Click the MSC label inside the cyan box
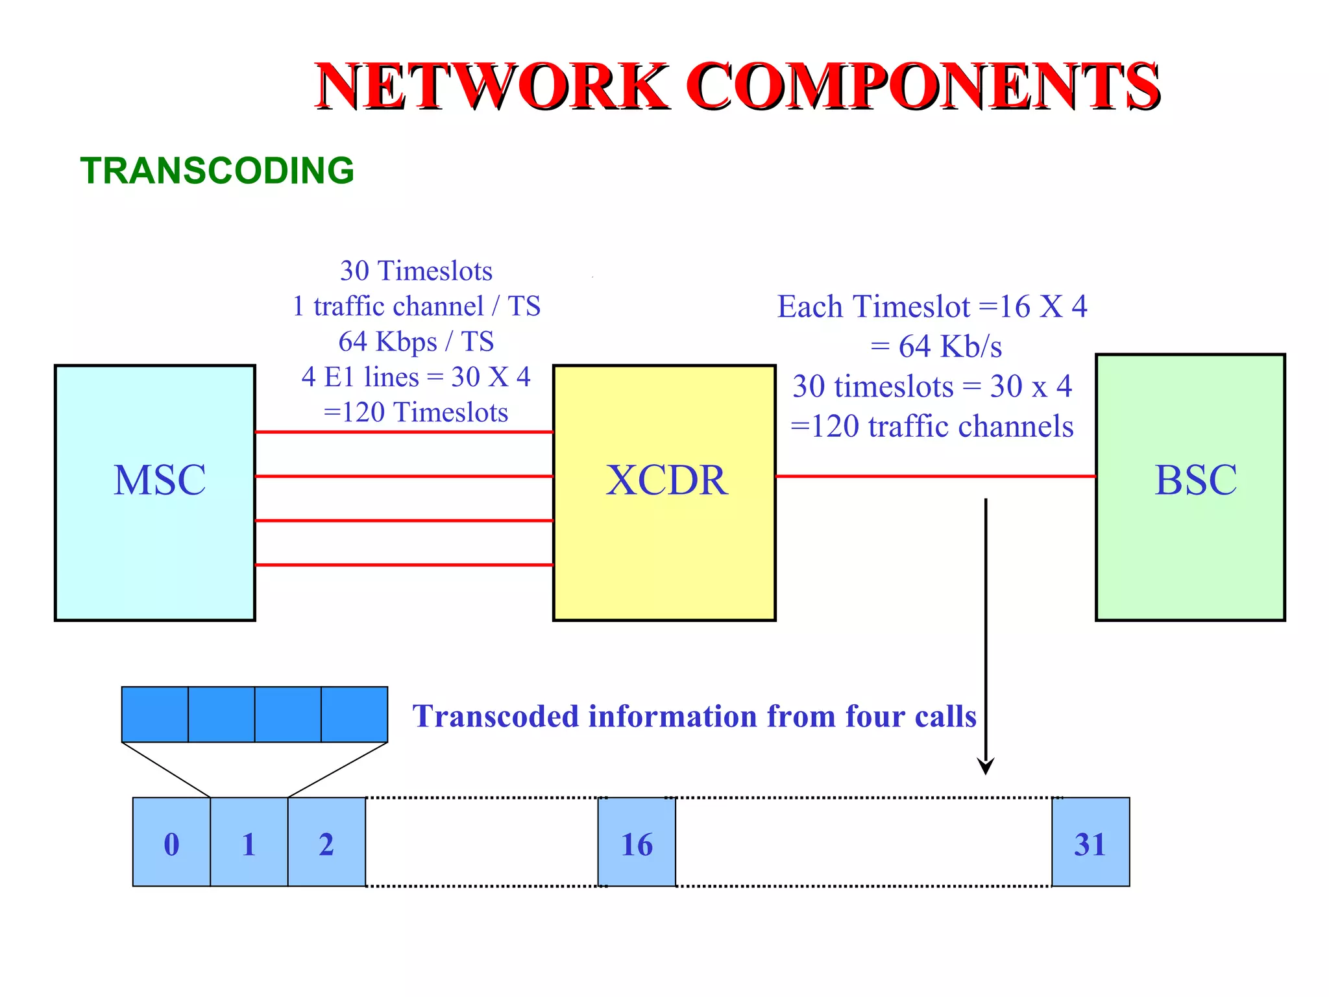pyautogui.click(x=160, y=480)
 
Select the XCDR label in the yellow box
pyautogui.click(x=666, y=480)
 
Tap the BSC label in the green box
pyautogui.click(x=1195, y=480)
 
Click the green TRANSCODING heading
pyautogui.click(x=217, y=171)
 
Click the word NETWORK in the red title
pyautogui.click(x=491, y=86)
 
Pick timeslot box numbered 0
pyautogui.click(x=171, y=842)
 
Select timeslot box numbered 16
pyautogui.click(x=637, y=842)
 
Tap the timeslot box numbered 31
pyautogui.click(x=1090, y=842)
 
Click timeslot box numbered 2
pyautogui.click(x=326, y=842)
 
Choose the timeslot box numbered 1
pyautogui.click(x=249, y=842)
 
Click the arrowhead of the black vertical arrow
pyautogui.click(x=986, y=767)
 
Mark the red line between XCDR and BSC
pyautogui.click(x=934, y=476)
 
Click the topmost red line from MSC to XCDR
pyautogui.click(x=404, y=432)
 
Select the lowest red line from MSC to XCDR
pyautogui.click(x=404, y=565)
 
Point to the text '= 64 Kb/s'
pyautogui.click(x=936, y=347)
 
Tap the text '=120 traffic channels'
pyautogui.click(x=932, y=426)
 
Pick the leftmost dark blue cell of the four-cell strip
pyautogui.click(x=155, y=714)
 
